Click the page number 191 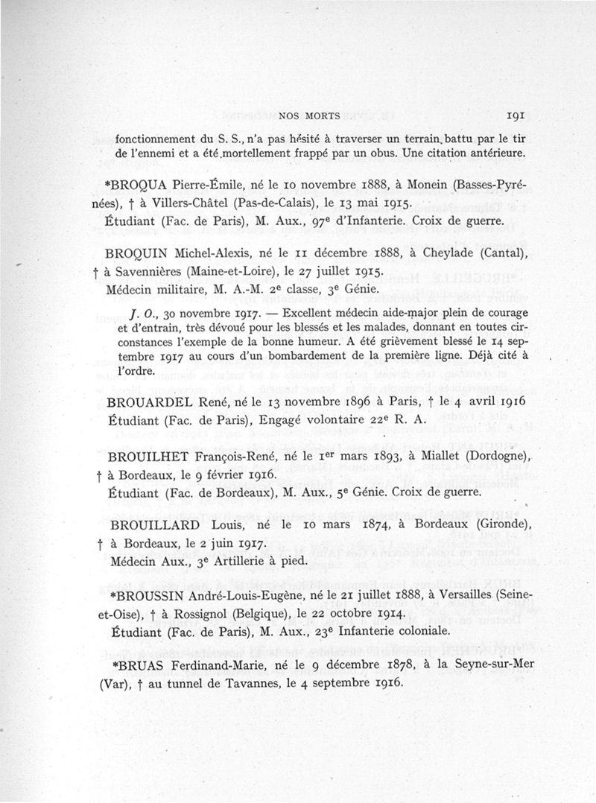pos(516,115)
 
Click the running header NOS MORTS pos(309,117)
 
